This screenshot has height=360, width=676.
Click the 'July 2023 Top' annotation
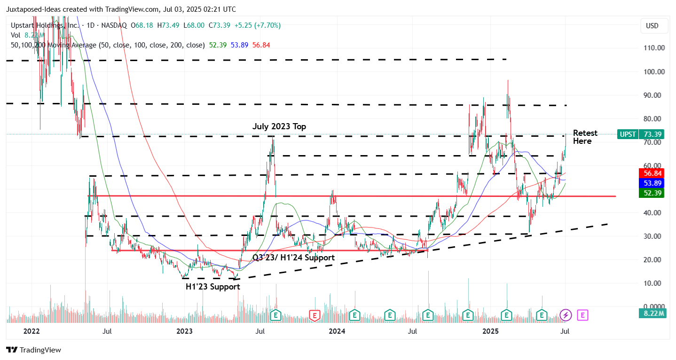279,126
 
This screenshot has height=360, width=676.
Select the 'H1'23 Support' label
212,287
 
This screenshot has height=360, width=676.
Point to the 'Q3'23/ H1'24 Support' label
293,258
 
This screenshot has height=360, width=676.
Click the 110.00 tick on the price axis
654,48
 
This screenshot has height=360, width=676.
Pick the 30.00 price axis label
654,236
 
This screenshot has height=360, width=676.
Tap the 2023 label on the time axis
184,331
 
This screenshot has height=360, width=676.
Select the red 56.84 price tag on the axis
651,172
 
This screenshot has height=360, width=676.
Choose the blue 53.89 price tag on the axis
651,183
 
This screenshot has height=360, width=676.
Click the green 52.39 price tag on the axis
651,193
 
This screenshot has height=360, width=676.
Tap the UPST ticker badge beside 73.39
628,134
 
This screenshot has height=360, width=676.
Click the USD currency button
652,26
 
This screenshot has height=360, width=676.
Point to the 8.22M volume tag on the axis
651,313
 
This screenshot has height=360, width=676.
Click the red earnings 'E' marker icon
314,315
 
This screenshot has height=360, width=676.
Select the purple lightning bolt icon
566,315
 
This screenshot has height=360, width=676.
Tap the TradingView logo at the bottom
34,350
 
